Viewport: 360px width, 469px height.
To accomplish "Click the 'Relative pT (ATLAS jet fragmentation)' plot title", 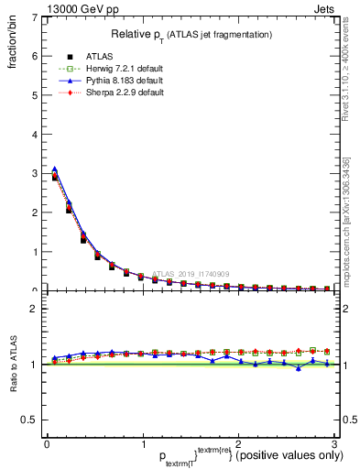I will point(191,34).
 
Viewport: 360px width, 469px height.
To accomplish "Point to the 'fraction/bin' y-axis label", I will point(14,37).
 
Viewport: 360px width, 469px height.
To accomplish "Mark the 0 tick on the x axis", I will point(47,444).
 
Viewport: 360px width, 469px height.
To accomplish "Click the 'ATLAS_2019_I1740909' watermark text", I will point(192,273).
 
